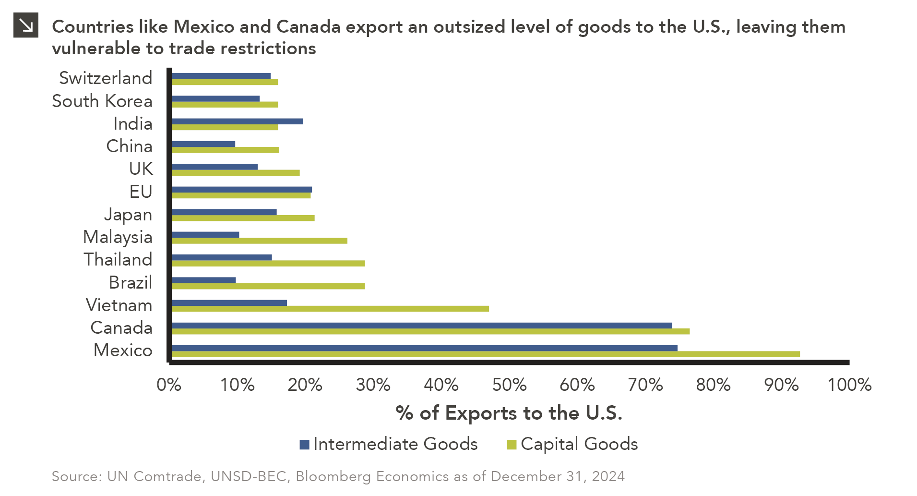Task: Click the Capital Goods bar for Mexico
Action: click(x=485, y=354)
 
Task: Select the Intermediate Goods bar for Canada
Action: click(x=421, y=326)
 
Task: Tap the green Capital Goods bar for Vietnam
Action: click(x=330, y=309)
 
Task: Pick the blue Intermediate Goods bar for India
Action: click(x=237, y=121)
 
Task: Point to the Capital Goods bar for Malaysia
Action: click(x=259, y=241)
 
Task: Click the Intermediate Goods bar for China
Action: click(x=203, y=144)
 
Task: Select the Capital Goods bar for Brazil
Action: click(x=268, y=286)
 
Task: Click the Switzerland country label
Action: click(x=106, y=78)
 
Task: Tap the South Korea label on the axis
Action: click(x=102, y=101)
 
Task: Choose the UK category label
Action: click(x=141, y=169)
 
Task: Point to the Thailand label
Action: click(x=118, y=260)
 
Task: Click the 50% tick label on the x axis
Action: click(x=509, y=385)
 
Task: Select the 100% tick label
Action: click(x=849, y=385)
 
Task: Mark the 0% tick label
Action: click(x=169, y=385)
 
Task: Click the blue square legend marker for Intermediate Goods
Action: click(x=304, y=445)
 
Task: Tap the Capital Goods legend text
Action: click(x=579, y=444)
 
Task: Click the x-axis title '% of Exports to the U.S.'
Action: click(x=509, y=413)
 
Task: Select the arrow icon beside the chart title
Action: click(x=25, y=25)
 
